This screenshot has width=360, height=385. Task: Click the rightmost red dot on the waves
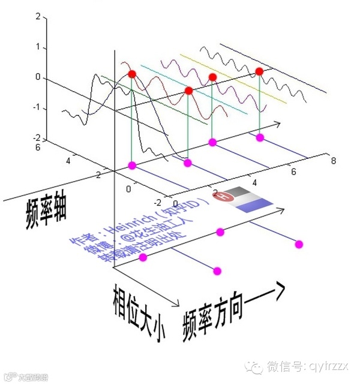tap(259, 72)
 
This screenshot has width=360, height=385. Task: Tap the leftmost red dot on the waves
tap(133, 74)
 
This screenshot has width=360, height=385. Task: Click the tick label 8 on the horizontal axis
tap(333, 160)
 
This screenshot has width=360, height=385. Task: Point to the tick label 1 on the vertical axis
tap(38, 47)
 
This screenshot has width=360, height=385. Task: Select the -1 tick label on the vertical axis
tap(36, 108)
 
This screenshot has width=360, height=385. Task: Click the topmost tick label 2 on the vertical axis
tap(38, 16)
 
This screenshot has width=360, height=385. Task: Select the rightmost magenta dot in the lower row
tap(299, 243)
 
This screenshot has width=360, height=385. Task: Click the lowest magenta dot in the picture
tap(217, 271)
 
